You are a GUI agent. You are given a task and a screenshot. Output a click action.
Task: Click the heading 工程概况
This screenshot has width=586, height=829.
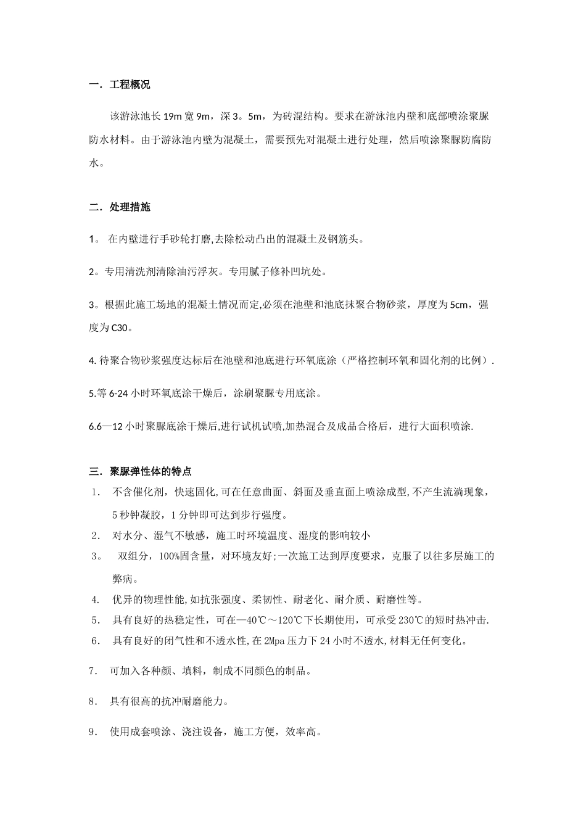130,85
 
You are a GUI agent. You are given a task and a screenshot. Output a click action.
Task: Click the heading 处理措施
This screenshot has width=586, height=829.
130,207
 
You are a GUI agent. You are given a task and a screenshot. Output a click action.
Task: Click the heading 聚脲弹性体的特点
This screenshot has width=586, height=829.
151,472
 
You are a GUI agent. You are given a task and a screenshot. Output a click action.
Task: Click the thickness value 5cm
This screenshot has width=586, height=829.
460,305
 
